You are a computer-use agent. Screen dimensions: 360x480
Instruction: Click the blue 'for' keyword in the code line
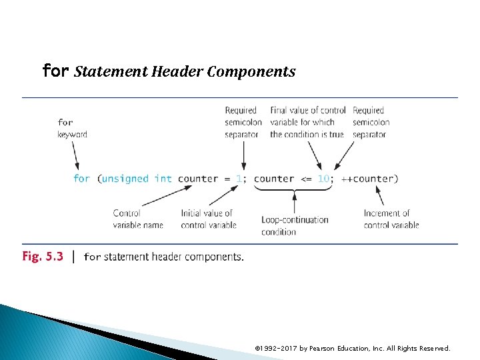(x=81, y=179)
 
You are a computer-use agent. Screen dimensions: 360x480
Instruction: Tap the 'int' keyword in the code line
(x=163, y=179)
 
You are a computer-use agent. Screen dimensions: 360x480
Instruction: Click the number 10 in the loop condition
(x=323, y=179)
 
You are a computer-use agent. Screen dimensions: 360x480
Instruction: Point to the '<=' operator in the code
(x=305, y=179)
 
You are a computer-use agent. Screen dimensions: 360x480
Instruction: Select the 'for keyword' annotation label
(x=71, y=128)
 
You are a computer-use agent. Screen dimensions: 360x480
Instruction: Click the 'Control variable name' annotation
(x=138, y=219)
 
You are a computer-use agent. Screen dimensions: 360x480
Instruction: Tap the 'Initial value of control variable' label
(x=208, y=219)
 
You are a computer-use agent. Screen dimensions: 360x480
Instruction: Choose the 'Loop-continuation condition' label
(x=295, y=225)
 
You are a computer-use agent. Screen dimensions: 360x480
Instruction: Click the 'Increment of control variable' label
(x=391, y=219)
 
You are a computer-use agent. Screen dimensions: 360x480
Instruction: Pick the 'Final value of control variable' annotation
(x=307, y=122)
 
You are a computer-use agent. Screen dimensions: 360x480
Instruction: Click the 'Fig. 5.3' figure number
(x=43, y=257)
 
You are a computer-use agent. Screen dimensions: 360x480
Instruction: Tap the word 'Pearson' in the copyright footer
(x=325, y=348)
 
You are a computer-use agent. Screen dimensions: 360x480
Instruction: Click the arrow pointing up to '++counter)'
(x=381, y=195)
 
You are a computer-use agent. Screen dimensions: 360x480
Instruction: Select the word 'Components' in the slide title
(x=251, y=71)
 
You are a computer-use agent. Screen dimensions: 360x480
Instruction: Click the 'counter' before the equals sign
(x=198, y=179)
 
